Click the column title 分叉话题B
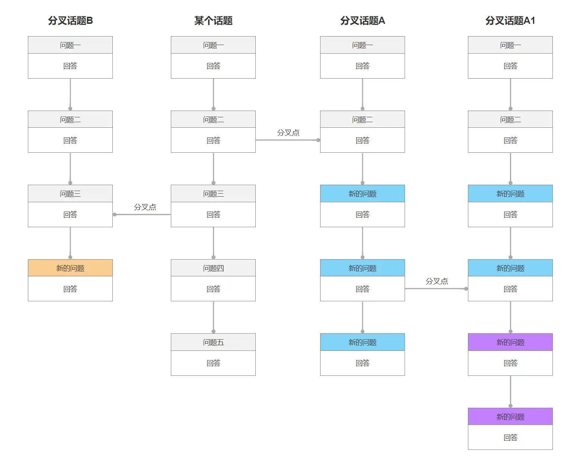pos(70,20)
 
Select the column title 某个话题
pos(213,20)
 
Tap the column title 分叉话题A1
pos(510,20)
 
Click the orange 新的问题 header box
pos(70,268)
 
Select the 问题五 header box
pos(213,342)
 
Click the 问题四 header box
pos(213,268)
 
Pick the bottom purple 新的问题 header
pos(510,416)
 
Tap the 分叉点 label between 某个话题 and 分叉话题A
pos(288,133)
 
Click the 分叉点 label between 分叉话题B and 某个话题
pos(145,207)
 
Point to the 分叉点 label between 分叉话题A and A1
pos(437,281)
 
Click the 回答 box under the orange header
pos(70,289)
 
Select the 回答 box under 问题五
pos(213,363)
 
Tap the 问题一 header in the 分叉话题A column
pos(363,45)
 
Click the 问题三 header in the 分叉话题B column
pos(70,194)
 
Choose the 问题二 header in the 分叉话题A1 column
pos(510,119)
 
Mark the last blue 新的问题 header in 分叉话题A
pos(363,342)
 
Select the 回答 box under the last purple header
pos(510,437)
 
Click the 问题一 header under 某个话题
pos(213,45)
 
